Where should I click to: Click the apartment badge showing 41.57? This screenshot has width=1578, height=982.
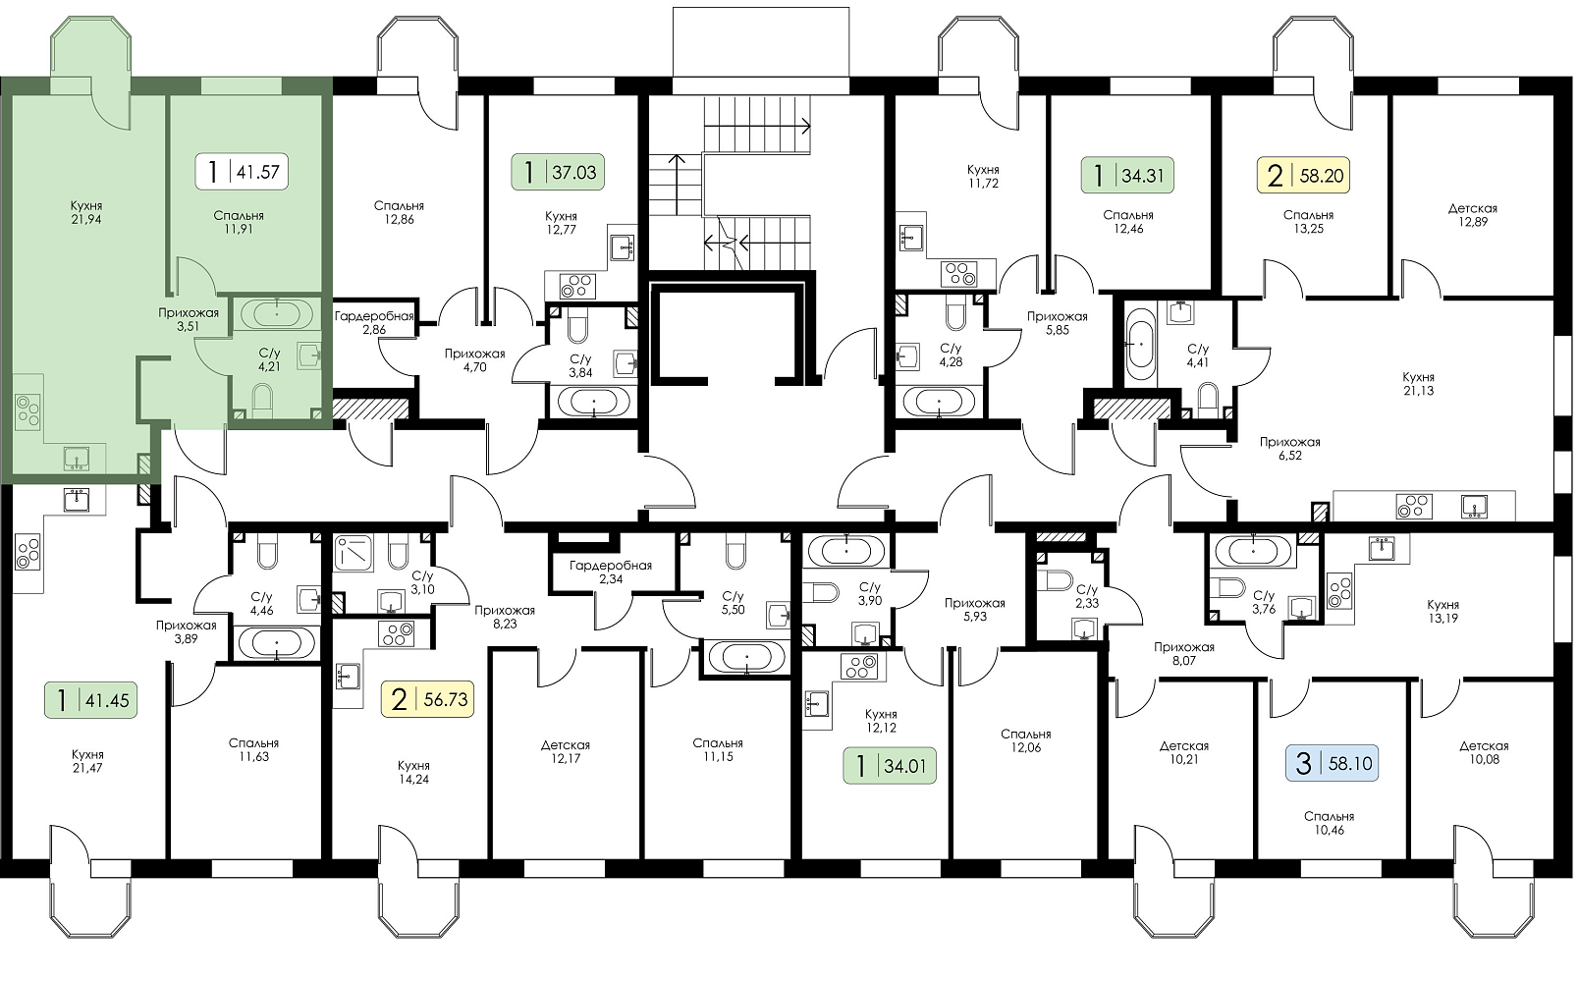(x=242, y=171)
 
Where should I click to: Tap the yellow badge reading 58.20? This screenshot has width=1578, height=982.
(x=1303, y=175)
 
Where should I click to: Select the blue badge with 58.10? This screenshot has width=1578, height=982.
(x=1332, y=763)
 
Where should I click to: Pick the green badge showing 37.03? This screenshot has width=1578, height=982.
(x=558, y=172)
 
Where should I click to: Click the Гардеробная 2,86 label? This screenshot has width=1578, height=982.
(x=374, y=323)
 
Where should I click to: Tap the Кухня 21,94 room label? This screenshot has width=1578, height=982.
(x=86, y=212)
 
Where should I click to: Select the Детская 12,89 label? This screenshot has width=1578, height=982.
(x=1472, y=215)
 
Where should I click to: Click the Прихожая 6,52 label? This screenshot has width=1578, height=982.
(x=1290, y=449)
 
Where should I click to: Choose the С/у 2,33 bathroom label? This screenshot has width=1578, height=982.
(x=1087, y=596)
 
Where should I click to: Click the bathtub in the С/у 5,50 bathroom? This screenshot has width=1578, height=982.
(x=746, y=658)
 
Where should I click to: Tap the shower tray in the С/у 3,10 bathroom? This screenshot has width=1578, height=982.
(x=357, y=553)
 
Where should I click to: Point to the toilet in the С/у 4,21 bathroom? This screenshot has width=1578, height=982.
(x=262, y=400)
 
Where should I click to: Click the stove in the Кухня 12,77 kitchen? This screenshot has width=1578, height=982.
(x=577, y=287)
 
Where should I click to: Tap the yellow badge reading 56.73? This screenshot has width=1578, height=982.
(x=427, y=699)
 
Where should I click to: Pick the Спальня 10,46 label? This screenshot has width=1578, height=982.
(x=1329, y=823)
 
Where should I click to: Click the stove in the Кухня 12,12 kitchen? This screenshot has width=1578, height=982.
(x=859, y=666)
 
